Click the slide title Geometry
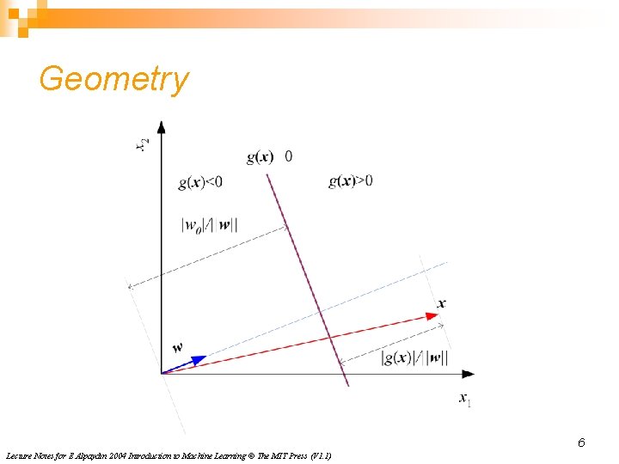click(113, 79)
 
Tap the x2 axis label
click(143, 145)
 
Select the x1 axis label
click(464, 400)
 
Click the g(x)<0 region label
click(200, 181)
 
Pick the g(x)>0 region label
click(351, 180)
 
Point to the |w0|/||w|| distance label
click(210, 225)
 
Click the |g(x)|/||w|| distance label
click(414, 357)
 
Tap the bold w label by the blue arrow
click(177, 347)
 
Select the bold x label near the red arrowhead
click(441, 303)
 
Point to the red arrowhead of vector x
click(433, 317)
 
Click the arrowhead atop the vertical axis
click(162, 127)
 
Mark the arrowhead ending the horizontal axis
click(468, 374)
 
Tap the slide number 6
click(581, 443)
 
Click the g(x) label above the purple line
click(260, 156)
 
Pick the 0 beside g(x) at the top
click(288, 156)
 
